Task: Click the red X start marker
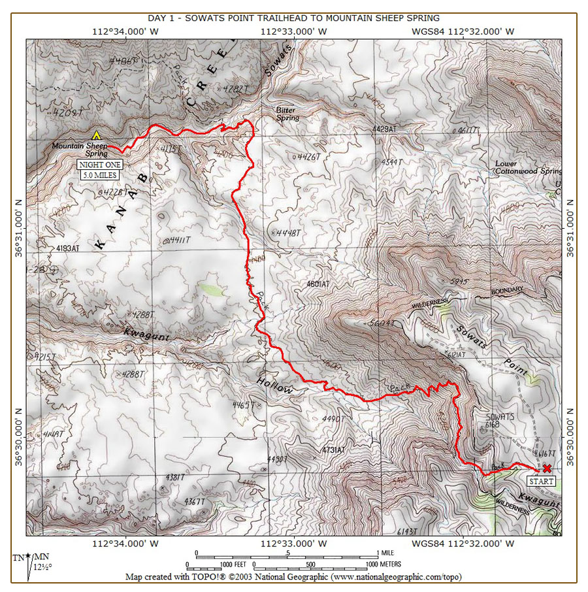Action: point(547,468)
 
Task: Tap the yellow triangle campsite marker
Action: point(97,135)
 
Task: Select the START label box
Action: point(541,482)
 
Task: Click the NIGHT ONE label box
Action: point(95,165)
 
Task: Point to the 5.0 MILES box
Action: point(95,174)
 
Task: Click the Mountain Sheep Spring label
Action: point(80,150)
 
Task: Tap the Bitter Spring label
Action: point(287,114)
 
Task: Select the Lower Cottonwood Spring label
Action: point(528,167)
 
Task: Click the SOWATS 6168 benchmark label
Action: point(500,420)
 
